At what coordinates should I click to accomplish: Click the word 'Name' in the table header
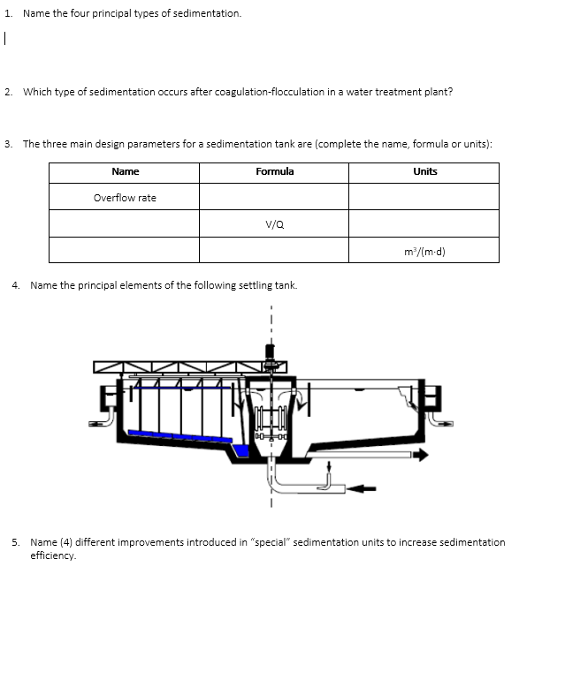(125, 171)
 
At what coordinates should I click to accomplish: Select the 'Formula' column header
(274, 171)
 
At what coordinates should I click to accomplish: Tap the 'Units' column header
(424, 171)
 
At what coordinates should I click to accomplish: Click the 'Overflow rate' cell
(125, 198)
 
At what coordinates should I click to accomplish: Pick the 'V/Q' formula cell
(274, 224)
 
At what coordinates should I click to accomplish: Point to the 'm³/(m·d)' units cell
(424, 251)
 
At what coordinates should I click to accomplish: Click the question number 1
(6, 14)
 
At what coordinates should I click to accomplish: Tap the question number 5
(15, 542)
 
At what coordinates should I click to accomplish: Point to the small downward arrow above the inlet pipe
(330, 466)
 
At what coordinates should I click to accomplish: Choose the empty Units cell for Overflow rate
(424, 198)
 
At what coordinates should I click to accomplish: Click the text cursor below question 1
(5, 38)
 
